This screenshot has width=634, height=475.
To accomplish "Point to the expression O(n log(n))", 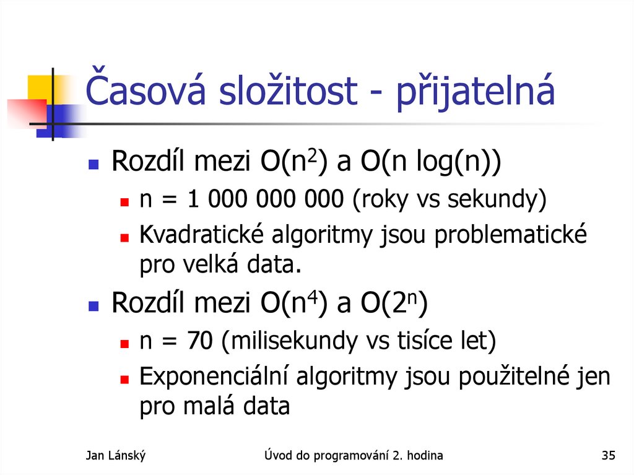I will coord(432,163).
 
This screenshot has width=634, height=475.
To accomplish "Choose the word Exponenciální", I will coord(214,376).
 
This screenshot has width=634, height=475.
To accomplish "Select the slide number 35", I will coord(608,456).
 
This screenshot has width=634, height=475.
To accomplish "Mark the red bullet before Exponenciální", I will coord(124,378).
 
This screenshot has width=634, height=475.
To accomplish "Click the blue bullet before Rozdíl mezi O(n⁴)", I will coord(93,306).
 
